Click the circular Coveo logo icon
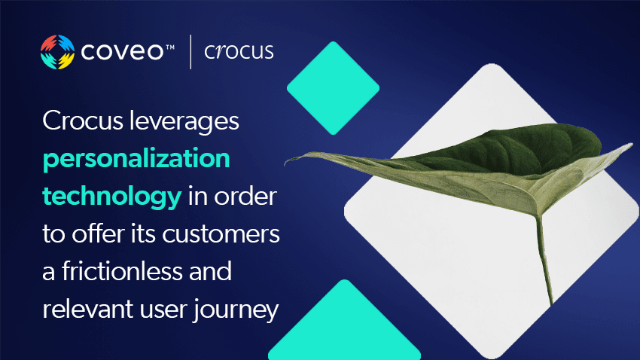coord(57,52)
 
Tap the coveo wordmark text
coord(122,52)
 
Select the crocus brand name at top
coord(239,51)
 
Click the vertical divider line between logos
coord(190,52)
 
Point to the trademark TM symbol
coord(169,47)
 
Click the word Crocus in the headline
coord(83,121)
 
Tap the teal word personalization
coord(136,159)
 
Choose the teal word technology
coord(112,197)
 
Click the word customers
coord(221,234)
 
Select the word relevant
coord(88,309)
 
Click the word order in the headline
coord(245,197)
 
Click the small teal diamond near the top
coord(333,88)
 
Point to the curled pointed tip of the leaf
coord(288,161)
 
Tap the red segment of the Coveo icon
coord(49,43)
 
